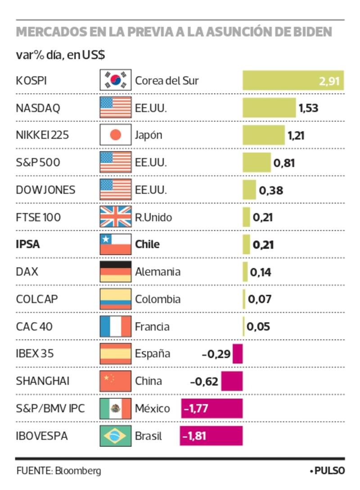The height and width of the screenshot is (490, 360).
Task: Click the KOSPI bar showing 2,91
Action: [x=293, y=81]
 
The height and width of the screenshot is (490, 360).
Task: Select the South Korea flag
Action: [x=116, y=81]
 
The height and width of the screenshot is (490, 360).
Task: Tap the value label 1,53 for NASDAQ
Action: [x=308, y=108]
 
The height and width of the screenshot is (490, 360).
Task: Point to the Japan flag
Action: [x=116, y=135]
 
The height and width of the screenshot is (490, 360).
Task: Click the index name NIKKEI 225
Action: [x=42, y=135]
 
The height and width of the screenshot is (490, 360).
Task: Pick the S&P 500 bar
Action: [x=257, y=162]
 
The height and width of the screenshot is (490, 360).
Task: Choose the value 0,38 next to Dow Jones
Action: [x=271, y=190]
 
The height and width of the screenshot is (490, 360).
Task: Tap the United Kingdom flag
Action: [x=116, y=217]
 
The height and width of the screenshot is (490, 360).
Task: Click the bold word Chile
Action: [x=147, y=245]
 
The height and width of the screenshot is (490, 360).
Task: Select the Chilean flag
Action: [x=116, y=245]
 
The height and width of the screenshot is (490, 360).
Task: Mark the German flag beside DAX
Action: [x=116, y=272]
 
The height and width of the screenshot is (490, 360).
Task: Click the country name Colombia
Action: [x=158, y=299]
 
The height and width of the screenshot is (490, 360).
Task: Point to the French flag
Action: [x=116, y=327]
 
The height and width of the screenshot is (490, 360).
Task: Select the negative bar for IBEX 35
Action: [x=238, y=354]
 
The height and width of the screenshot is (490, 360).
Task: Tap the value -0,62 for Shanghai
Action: [x=204, y=382]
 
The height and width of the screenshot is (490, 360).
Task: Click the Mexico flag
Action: [x=116, y=409]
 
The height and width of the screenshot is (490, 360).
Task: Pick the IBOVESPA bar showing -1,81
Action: [x=211, y=436]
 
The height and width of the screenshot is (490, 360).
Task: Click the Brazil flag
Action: [x=116, y=436]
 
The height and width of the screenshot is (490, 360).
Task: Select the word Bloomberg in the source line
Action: [x=78, y=471]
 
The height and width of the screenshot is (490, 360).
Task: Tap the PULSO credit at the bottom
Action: [x=329, y=471]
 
